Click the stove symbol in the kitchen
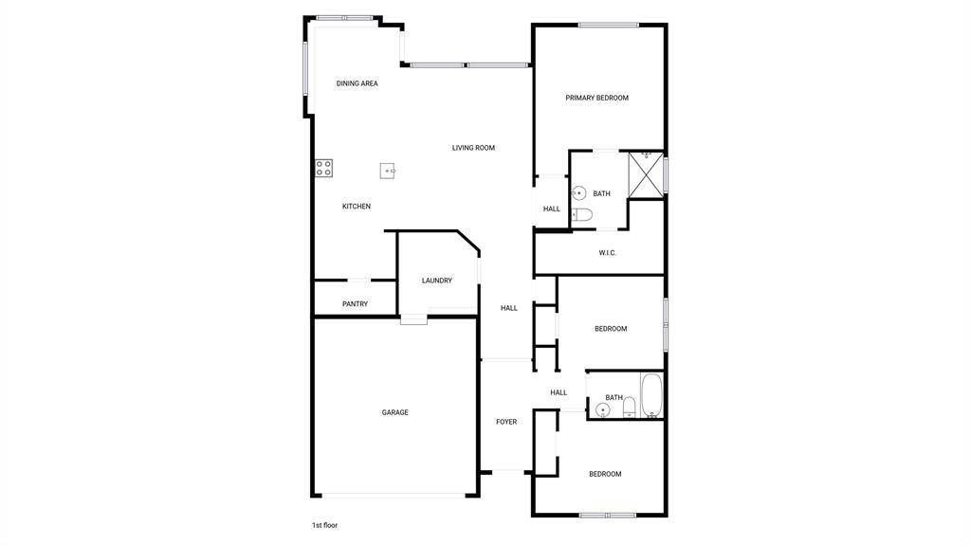click(x=324, y=168)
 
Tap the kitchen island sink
click(x=388, y=171)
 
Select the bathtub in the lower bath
click(x=652, y=396)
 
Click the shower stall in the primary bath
click(x=646, y=174)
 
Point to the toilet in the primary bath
click(x=581, y=215)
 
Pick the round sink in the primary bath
click(x=578, y=193)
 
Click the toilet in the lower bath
click(x=630, y=407)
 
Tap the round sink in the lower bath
click(x=602, y=409)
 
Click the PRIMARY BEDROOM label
click(x=597, y=98)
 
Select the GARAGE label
click(x=395, y=412)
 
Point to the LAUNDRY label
click(x=437, y=281)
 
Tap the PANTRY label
click(x=356, y=304)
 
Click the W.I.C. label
click(x=608, y=253)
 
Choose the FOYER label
click(x=506, y=422)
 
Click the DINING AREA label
click(x=357, y=83)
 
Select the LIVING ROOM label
click(x=474, y=148)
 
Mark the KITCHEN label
click(x=357, y=207)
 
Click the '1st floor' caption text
click(x=325, y=525)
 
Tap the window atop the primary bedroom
click(x=609, y=26)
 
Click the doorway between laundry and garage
click(x=413, y=319)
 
